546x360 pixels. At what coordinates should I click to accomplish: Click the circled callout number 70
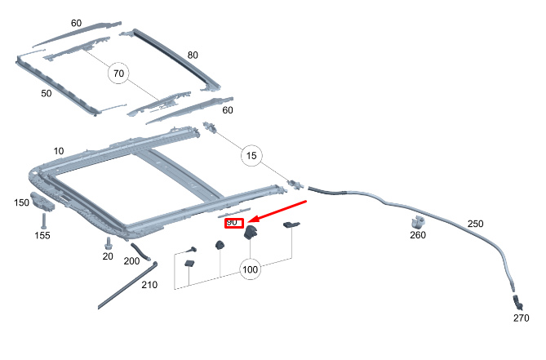point(118,73)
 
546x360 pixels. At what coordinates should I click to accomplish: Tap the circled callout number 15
point(251,156)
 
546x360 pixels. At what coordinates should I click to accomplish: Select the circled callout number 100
point(250,269)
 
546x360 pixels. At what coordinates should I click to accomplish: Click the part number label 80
point(193,55)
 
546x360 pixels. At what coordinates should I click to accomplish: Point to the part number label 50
point(47,93)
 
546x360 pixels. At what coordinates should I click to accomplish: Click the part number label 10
point(59,151)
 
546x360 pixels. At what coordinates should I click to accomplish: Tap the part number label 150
point(21,202)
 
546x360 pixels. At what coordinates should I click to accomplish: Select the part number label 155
point(42,236)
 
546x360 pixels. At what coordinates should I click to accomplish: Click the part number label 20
point(108,256)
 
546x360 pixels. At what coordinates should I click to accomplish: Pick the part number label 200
point(131,261)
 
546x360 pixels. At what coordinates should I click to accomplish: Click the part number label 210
point(149,285)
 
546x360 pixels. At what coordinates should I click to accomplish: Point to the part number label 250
point(475,224)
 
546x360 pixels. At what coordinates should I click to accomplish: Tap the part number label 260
point(418,235)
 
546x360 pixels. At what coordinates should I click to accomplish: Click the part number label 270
point(522,318)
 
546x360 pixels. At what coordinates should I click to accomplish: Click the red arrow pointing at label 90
point(277,211)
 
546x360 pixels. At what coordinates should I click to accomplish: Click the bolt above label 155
point(43,221)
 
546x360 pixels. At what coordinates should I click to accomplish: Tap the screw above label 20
point(108,243)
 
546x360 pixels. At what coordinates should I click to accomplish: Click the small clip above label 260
point(418,223)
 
